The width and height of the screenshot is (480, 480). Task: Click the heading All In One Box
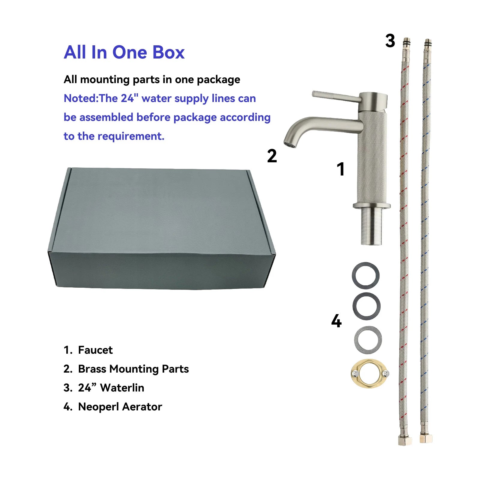click(124, 52)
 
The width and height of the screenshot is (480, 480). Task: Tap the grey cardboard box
click(161, 228)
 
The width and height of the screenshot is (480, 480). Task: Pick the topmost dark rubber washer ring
click(365, 275)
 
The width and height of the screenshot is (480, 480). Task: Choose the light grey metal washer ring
click(368, 340)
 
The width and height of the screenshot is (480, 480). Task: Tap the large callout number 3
click(390, 41)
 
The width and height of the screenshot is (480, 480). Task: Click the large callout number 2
click(272, 156)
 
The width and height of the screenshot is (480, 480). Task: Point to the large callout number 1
click(340, 169)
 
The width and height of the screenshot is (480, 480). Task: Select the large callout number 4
click(336, 321)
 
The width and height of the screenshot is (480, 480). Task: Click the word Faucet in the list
click(95, 350)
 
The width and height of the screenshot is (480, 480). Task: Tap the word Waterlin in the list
click(122, 388)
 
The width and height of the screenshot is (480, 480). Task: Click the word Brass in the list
click(92, 369)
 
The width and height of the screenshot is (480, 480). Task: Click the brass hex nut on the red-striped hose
click(405, 440)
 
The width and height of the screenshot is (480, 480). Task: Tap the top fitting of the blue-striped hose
click(427, 43)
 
